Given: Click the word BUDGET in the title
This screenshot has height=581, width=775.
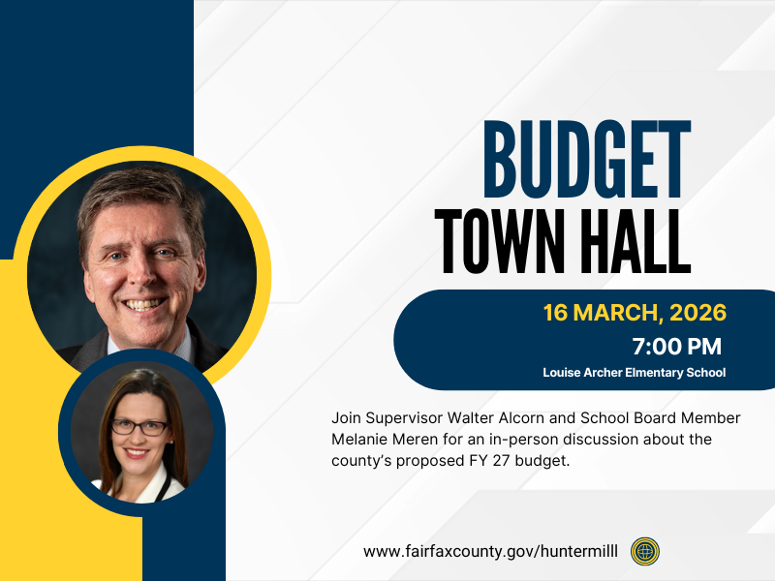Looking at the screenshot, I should [586, 157].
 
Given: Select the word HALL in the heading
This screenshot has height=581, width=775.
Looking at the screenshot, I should [634, 240].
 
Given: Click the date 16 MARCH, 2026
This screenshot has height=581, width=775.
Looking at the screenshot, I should [635, 314].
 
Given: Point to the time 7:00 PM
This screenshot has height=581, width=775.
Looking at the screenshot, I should [676, 346].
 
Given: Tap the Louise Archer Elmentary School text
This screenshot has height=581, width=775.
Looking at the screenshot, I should [634, 372].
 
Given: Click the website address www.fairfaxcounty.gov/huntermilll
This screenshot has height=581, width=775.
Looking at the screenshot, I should [490, 551].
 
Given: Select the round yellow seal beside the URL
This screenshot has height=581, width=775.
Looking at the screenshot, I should [645, 551].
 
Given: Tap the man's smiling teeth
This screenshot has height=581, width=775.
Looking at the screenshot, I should [144, 303].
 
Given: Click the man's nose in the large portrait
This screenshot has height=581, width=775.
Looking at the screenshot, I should [143, 274].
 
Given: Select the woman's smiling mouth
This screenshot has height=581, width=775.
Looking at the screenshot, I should [137, 451].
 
